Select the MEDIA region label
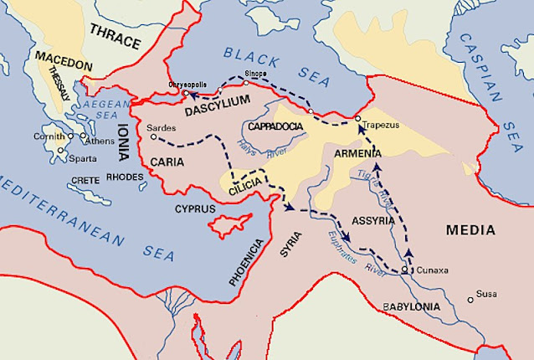(470, 229)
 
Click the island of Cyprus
(228, 224)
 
